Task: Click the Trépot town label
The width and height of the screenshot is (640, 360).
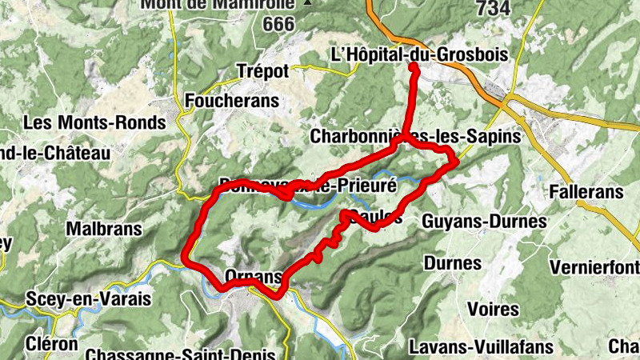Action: [262, 71]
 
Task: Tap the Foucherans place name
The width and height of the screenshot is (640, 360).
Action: [232, 101]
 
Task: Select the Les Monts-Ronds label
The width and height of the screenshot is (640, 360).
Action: [94, 123]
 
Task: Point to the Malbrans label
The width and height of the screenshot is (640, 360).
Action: [104, 229]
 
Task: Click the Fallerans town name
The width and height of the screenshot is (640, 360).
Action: [586, 192]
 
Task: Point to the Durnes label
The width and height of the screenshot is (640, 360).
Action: [453, 263]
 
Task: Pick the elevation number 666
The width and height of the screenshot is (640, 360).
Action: [278, 24]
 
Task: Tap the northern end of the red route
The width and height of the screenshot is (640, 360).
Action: [414, 67]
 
